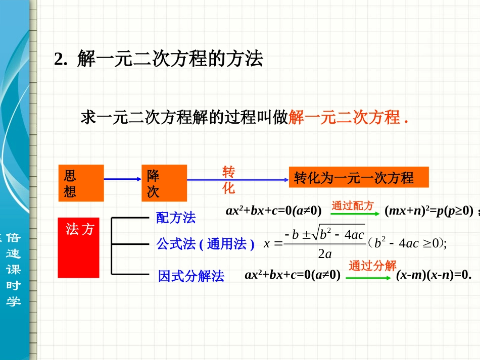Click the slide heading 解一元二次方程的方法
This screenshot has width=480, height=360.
click(170, 60)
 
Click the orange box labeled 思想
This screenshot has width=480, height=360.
click(81, 183)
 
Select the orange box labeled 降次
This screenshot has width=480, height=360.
click(164, 183)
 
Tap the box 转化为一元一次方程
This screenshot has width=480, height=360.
click(358, 177)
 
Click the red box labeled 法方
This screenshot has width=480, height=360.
click(78, 247)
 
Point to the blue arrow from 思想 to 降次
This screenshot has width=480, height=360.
click(122, 179)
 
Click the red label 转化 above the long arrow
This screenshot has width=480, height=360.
click(229, 180)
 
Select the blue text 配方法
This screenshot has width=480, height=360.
click(176, 218)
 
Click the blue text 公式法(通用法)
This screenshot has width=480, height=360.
click(205, 244)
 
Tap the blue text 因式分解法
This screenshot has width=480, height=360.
click(191, 276)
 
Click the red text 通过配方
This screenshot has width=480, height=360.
click(352, 205)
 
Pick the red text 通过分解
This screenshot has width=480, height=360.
click(372, 266)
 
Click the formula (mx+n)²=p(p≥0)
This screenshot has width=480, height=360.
click(428, 211)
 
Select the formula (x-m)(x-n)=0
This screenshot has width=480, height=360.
click(434, 275)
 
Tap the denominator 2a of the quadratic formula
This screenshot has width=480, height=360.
click(324, 254)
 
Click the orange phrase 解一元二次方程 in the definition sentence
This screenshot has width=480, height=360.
click(344, 118)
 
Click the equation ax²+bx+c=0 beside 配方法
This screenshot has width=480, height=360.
click(273, 211)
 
